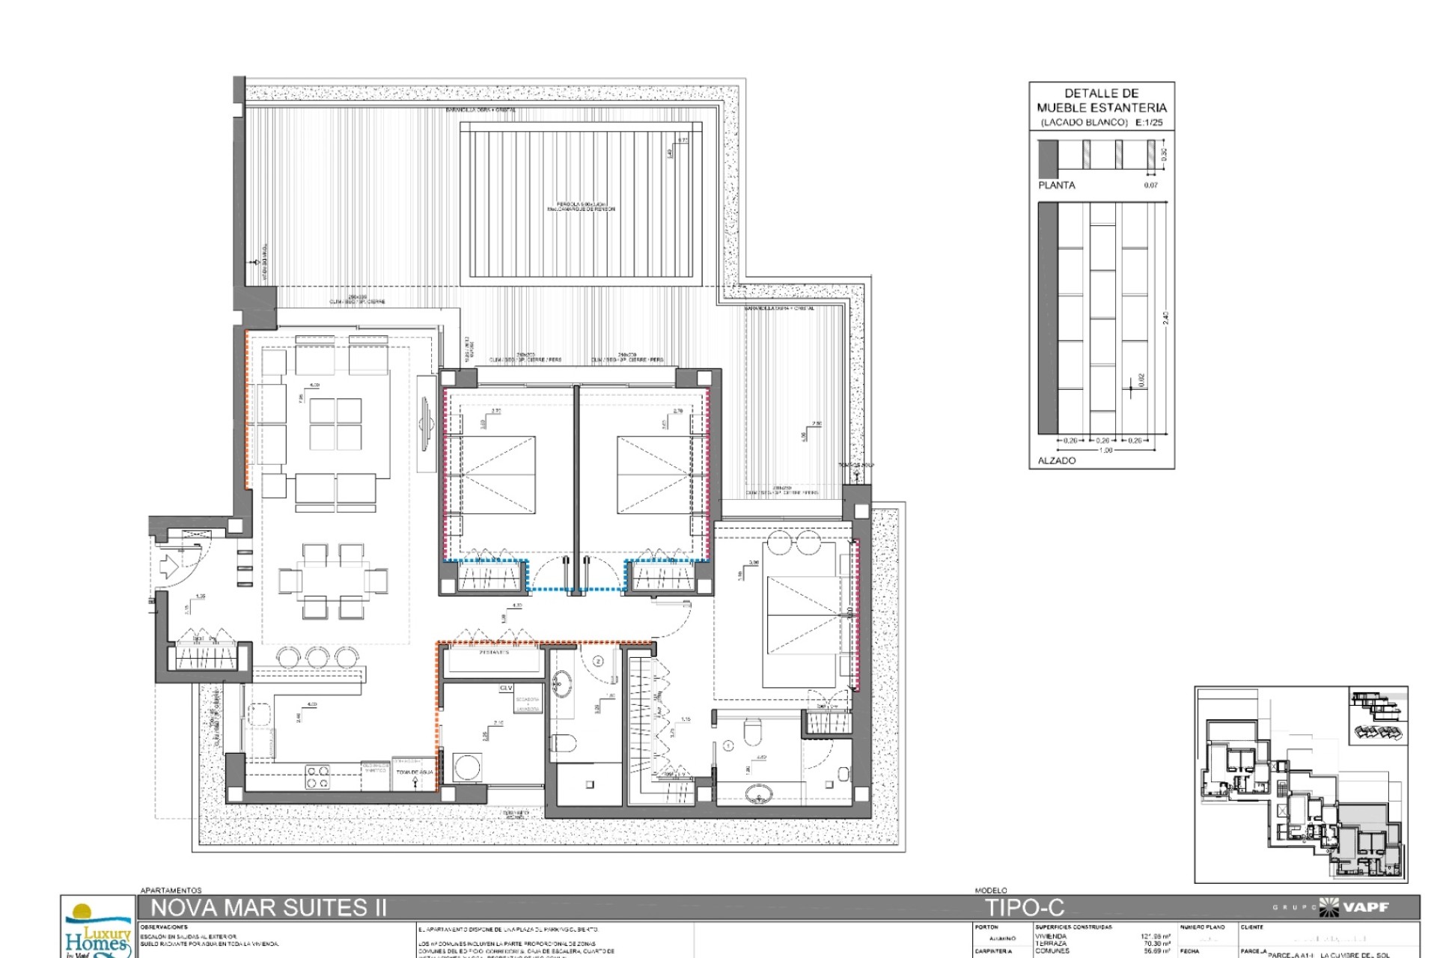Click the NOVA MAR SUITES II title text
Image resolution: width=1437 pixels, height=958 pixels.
269,908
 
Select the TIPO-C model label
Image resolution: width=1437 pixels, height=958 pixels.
1024,908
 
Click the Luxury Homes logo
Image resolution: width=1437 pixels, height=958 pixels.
97,931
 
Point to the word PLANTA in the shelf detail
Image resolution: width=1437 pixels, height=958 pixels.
1056,185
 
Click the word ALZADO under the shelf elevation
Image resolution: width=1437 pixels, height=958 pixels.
1056,460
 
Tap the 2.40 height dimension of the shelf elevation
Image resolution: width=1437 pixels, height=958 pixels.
1165,318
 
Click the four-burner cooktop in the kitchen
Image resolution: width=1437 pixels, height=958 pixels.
317,776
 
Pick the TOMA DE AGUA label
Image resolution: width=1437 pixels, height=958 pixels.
415,772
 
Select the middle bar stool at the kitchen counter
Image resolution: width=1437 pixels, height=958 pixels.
317,658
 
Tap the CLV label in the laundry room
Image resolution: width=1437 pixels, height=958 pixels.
506,688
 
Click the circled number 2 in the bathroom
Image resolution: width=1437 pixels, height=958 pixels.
598,661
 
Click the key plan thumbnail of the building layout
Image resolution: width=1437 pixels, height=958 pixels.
1301,784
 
